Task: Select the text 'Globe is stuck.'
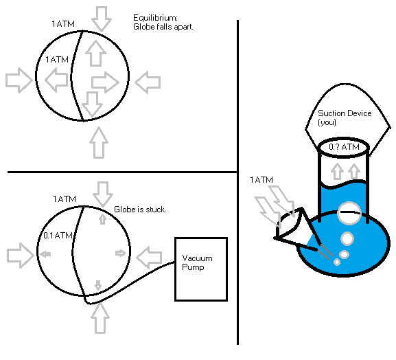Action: click(x=140, y=209)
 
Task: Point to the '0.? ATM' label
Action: click(x=343, y=147)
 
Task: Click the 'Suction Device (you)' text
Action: click(x=344, y=117)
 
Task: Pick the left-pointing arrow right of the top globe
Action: click(x=147, y=83)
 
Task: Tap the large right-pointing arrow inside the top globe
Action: click(x=105, y=82)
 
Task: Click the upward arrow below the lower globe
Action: click(x=100, y=318)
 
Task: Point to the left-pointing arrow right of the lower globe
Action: click(x=149, y=258)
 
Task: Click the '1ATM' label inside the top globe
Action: click(x=57, y=60)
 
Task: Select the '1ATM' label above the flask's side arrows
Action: click(x=261, y=180)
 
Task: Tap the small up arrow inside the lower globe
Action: click(x=102, y=219)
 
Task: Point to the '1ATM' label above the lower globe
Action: click(x=64, y=199)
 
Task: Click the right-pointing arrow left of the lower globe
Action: click(x=19, y=255)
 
